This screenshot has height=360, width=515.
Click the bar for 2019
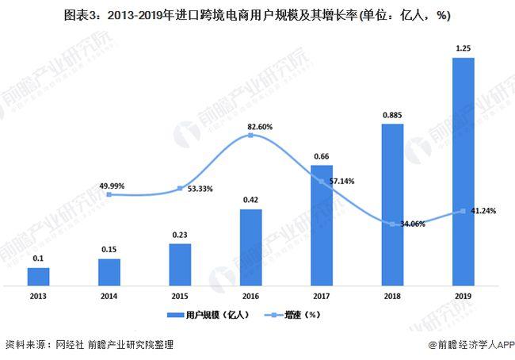point(463,170)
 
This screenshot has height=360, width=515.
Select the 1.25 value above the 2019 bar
point(463,48)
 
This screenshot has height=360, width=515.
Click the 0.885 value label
point(392,114)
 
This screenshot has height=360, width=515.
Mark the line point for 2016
point(250,136)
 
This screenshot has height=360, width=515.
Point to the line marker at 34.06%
point(392,224)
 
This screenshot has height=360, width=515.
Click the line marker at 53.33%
point(180,189)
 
